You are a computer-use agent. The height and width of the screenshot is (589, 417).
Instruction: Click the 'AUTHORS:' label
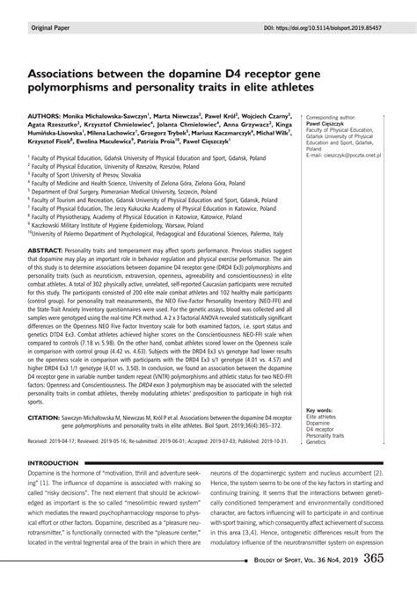48,114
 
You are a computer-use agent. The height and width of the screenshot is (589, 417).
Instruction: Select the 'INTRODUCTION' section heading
59,463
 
